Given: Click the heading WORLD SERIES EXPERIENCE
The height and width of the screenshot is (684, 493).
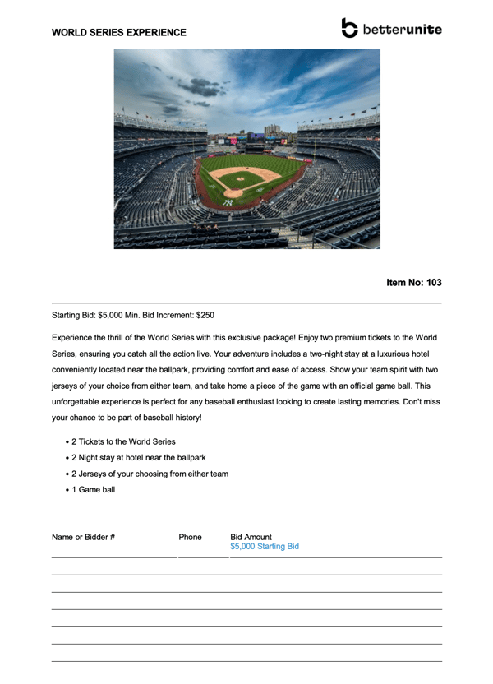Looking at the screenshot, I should point(118,33).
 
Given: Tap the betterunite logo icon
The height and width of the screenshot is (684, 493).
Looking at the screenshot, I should point(350,28).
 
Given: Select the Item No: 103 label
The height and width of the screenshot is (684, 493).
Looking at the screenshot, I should point(413,283).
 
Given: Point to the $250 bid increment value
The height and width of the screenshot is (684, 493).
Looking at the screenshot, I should point(205,315).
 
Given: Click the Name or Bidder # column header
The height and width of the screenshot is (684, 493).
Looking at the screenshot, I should point(83,537).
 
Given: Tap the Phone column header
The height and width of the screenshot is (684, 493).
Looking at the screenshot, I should point(190,537).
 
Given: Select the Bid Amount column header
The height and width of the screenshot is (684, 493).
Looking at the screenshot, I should point(251,537).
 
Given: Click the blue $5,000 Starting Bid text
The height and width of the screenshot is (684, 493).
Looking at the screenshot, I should point(265,547).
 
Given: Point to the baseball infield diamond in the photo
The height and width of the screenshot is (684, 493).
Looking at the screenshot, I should point(241,176).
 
